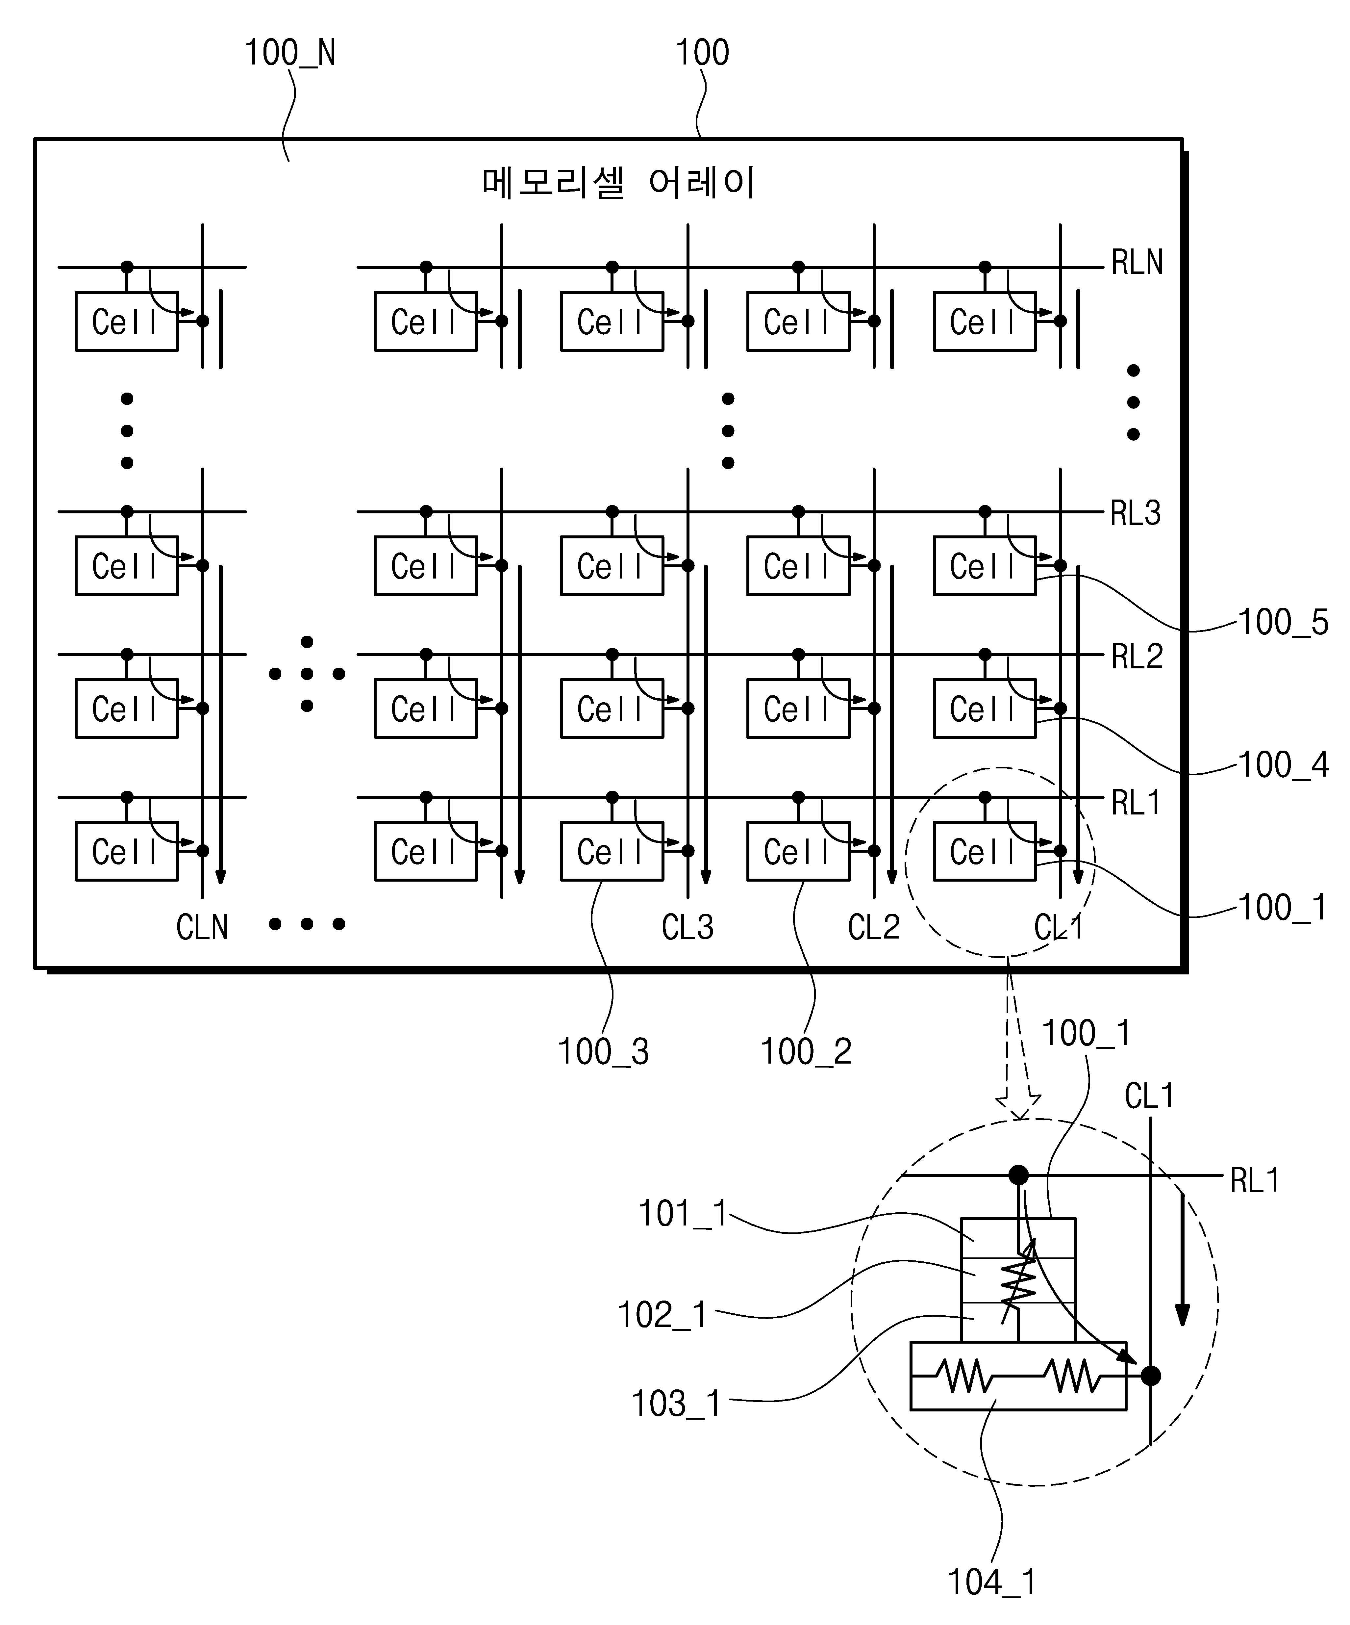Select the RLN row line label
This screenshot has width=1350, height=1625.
click(x=1137, y=262)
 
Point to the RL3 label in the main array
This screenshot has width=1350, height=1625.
click(x=1136, y=513)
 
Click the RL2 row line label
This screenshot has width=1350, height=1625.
click(x=1137, y=656)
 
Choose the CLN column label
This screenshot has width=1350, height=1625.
click(x=203, y=927)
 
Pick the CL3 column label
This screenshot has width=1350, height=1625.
click(x=688, y=927)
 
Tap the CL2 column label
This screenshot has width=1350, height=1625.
click(x=874, y=927)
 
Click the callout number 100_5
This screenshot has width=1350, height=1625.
click(x=1284, y=622)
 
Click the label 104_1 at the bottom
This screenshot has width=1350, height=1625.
click(x=992, y=1583)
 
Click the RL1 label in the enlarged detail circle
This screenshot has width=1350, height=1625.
click(x=1255, y=1180)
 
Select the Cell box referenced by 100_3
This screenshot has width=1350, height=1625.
click(x=612, y=851)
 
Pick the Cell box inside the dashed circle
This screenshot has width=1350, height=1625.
click(x=985, y=851)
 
